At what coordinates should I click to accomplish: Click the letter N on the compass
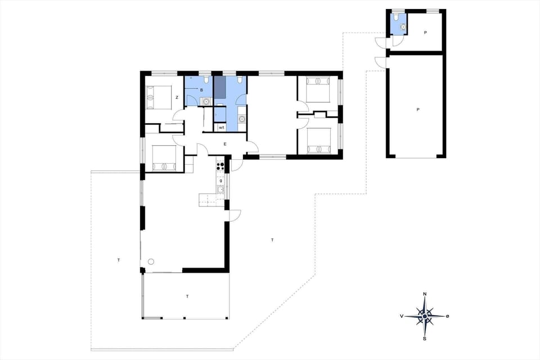coord(425,294)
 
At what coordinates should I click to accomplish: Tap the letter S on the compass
coord(425,339)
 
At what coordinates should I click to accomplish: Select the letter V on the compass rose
coord(402,316)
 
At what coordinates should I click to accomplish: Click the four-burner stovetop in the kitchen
coord(220,166)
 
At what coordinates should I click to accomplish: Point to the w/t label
coord(222,128)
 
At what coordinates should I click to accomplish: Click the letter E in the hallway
coord(225,145)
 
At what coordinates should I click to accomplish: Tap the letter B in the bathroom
coord(201,90)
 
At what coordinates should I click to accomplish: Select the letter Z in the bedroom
coord(177,98)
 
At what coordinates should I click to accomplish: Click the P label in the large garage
coord(418,110)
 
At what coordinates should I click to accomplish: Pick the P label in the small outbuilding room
coord(425,33)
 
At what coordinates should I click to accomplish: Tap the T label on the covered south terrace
coord(187,295)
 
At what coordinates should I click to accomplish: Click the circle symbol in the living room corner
coord(151,261)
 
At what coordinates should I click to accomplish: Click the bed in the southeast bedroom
coord(318,141)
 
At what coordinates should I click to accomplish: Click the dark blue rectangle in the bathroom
coord(219,88)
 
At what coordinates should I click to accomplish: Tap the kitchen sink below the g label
coord(221,189)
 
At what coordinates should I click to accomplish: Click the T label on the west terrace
coord(119,260)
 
